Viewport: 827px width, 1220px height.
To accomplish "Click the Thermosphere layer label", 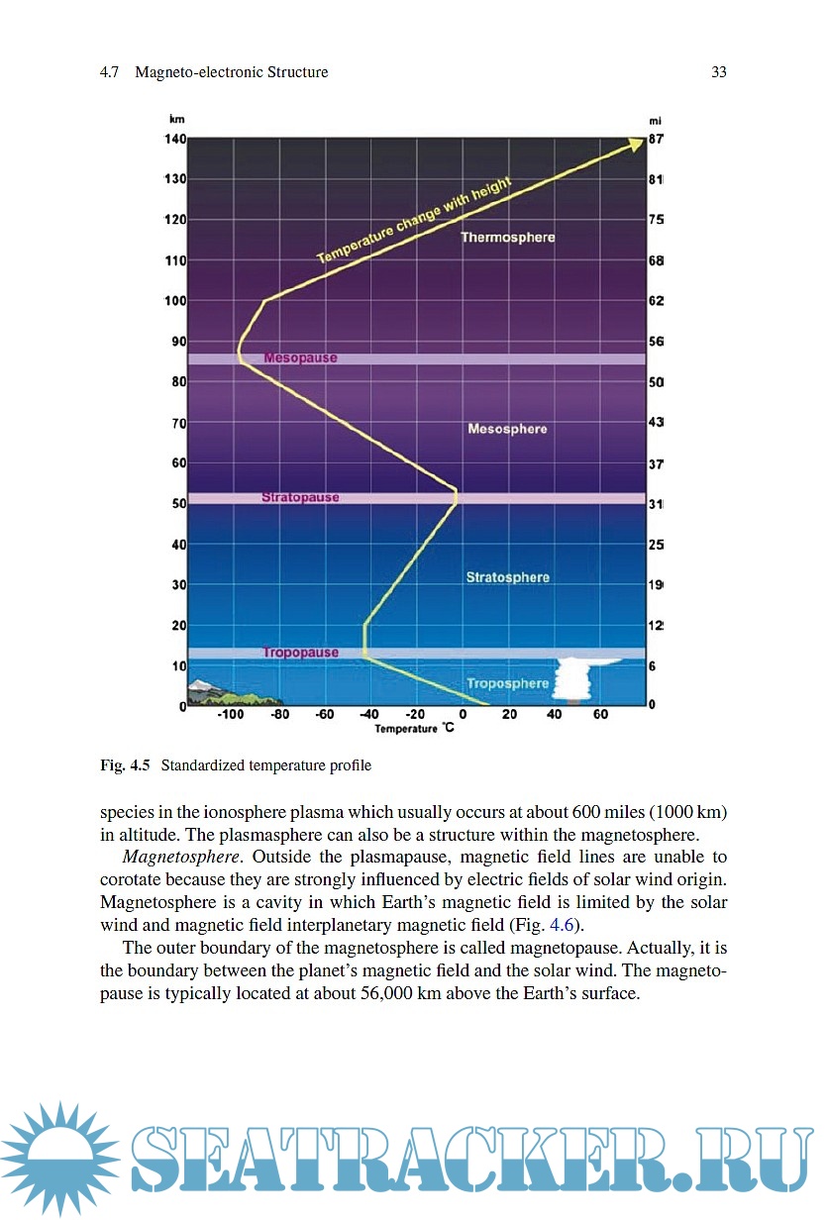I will click(x=508, y=238).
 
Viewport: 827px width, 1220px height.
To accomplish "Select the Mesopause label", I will click(x=300, y=357).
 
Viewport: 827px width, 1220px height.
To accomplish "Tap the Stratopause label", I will click(x=300, y=497).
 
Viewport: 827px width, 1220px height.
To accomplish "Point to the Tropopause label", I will click(x=300, y=653).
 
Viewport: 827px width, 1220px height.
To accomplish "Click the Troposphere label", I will click(x=507, y=683).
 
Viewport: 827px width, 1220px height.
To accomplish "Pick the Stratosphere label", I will click(x=507, y=577).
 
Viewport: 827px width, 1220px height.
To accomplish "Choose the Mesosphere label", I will click(x=507, y=429).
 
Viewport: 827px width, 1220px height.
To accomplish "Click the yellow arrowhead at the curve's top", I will click(x=634, y=146).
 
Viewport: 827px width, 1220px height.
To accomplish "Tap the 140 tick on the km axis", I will click(x=175, y=139).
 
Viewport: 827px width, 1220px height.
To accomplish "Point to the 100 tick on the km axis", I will click(x=175, y=301).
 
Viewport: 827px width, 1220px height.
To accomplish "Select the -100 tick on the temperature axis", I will click(x=231, y=715).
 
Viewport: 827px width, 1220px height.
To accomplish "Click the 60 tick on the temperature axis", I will click(x=600, y=715).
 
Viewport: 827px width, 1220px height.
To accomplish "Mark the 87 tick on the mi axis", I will click(x=656, y=140).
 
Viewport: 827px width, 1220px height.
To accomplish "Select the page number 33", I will click(x=719, y=72).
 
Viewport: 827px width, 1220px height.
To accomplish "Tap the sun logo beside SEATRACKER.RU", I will click(x=59, y=1159).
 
